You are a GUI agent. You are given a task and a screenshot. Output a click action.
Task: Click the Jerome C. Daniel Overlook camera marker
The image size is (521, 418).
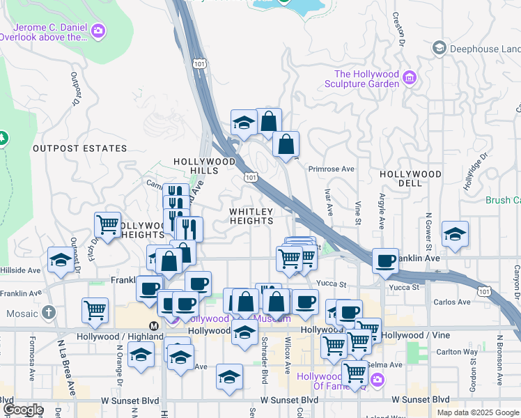tap(99, 31)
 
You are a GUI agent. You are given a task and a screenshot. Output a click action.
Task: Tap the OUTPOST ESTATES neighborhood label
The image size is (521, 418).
tap(80, 148)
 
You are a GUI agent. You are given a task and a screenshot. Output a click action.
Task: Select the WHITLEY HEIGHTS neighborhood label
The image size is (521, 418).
tap(252, 215)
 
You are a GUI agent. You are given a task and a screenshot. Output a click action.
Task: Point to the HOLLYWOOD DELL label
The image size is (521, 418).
tap(411, 178)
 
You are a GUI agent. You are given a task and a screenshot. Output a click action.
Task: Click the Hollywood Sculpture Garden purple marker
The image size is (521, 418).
tap(410, 77)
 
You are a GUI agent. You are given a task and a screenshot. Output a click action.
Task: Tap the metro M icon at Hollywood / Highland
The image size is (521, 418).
tap(153, 325)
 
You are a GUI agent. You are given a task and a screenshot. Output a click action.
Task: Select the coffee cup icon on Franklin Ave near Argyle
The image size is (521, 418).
tap(385, 261)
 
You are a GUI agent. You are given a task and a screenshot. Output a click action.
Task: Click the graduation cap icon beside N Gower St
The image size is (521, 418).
tap(455, 234)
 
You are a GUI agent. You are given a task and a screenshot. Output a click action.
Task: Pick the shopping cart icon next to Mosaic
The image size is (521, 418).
tap(95, 311)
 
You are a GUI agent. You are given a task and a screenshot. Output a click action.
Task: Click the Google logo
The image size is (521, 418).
tap(22, 410)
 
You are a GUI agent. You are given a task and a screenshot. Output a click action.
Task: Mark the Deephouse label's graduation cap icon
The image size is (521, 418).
tap(440, 47)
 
